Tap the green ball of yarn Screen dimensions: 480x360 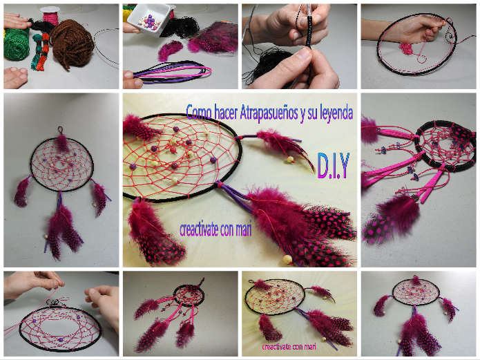click(x=16, y=44)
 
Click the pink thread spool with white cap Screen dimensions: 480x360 click(x=50, y=15)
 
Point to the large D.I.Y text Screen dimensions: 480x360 click(x=334, y=166)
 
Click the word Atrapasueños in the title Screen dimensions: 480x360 click(x=269, y=112)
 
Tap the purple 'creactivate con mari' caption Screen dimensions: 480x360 click(x=215, y=229)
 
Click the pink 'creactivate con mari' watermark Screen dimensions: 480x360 click(x=289, y=346)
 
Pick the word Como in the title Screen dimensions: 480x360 click(x=199, y=111)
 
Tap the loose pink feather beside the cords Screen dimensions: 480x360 click(x=170, y=50)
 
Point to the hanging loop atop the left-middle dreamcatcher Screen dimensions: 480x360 click(x=61, y=130)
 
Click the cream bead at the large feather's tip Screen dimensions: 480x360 click(x=288, y=260)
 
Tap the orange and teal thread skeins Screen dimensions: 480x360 click(x=41, y=51)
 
